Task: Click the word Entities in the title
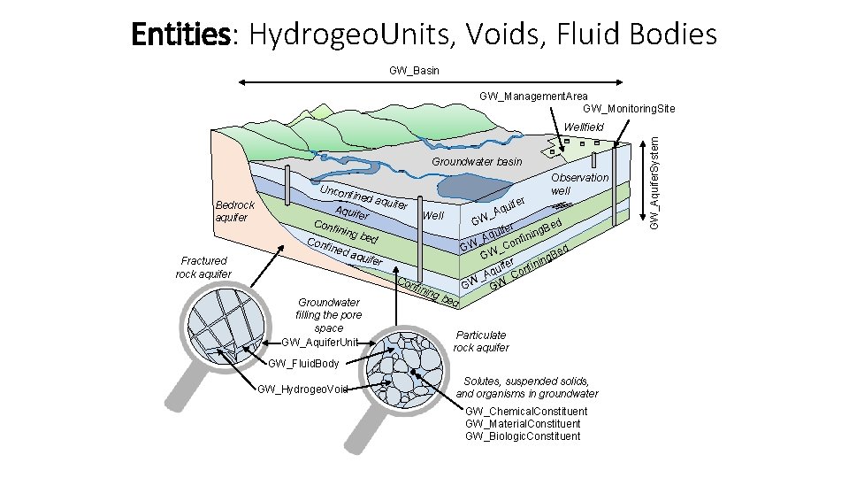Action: coord(180,35)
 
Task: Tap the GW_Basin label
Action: coord(414,70)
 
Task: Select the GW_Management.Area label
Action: coord(533,96)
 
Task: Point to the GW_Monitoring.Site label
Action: coord(629,109)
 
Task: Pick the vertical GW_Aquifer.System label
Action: coord(654,177)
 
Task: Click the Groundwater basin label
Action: coord(477,162)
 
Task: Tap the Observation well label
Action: coord(579,183)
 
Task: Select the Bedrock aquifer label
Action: coord(235,211)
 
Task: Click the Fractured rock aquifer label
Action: coord(203,267)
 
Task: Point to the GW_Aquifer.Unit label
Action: coord(320,342)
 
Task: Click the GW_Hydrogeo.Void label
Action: coord(302,389)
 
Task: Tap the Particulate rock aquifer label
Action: coord(481,341)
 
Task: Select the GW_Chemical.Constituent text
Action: coord(525,412)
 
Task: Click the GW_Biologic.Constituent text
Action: coord(523,436)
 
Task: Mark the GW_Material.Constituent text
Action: coord(523,424)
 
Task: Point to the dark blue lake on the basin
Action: coord(470,187)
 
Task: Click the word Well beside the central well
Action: coord(433,216)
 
